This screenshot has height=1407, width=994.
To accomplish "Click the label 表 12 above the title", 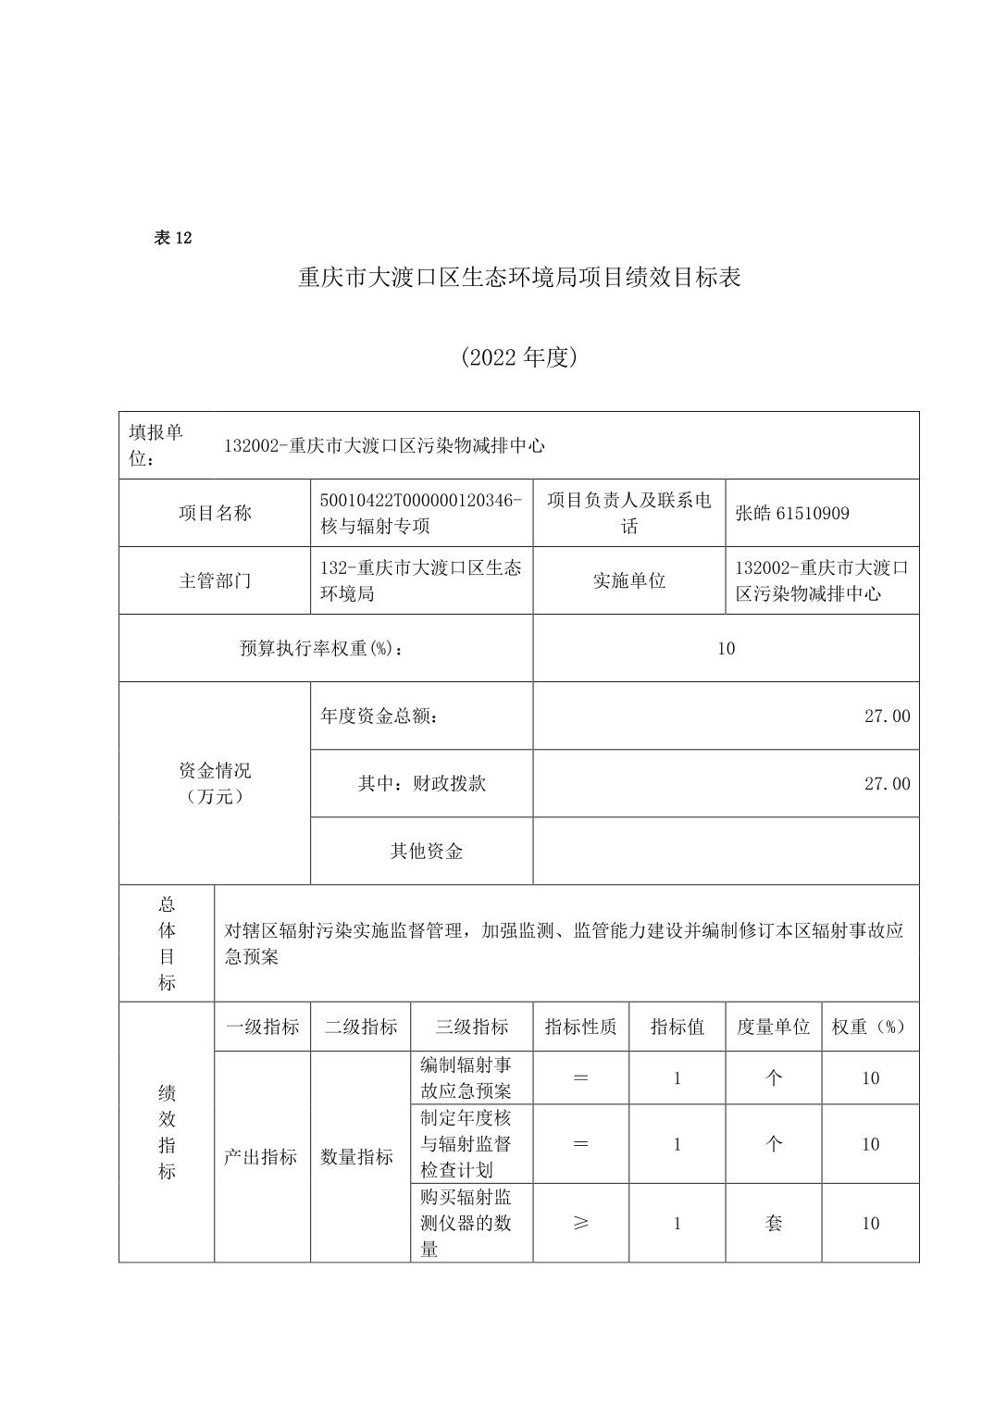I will point(172,238).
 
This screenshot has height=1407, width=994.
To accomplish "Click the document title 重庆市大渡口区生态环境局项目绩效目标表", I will point(519,278).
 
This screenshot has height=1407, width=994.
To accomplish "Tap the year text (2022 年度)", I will point(519,357).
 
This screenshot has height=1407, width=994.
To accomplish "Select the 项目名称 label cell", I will point(215,513).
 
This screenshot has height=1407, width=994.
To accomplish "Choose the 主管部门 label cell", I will point(215,581).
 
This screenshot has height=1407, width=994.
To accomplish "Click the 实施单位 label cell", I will point(628,581).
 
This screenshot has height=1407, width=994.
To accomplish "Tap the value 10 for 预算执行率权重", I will point(726,649).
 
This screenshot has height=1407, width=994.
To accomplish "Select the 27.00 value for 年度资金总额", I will point(887,716).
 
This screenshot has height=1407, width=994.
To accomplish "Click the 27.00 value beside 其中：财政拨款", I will point(887,784).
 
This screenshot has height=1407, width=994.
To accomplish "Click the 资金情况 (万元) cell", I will point(215,783).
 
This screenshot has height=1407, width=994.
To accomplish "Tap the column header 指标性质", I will point(580,1027).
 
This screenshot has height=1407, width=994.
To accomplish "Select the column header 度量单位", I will point(773,1027).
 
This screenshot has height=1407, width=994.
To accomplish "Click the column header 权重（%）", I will point(870,1027).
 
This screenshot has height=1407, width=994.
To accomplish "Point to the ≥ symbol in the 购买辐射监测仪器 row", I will point(580,1224).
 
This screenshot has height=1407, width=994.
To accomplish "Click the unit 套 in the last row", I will point(774,1224).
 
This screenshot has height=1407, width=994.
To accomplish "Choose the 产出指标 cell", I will point(261,1157).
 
